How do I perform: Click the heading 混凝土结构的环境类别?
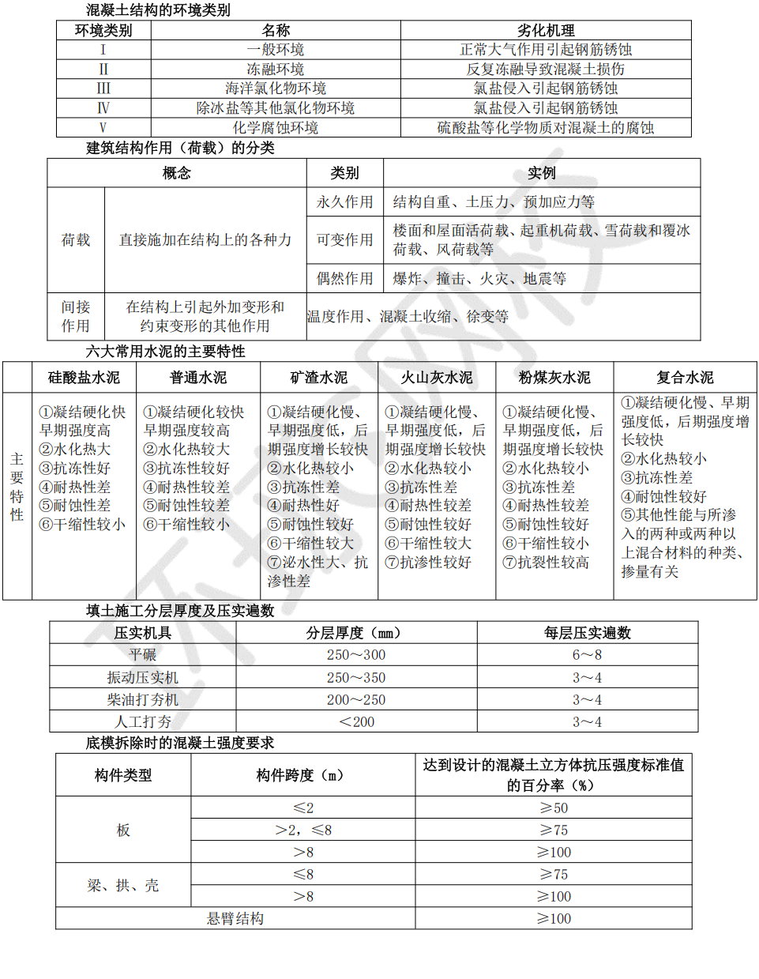coord(158,10)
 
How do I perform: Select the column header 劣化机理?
coord(546,30)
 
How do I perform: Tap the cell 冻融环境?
coord(275,69)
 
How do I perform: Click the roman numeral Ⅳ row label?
coord(103,107)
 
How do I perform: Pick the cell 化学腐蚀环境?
coord(275,127)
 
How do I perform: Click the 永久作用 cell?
coord(344,201)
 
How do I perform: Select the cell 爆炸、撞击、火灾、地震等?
coord(479,278)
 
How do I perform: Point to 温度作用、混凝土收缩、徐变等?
coord(408,316)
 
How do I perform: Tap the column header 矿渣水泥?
coord(318,378)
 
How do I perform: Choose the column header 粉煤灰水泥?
coord(554,378)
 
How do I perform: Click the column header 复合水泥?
coord(684,378)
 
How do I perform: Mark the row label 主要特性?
coord(17,487)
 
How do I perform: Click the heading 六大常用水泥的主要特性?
coord(165,352)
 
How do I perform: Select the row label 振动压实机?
coord(142,677)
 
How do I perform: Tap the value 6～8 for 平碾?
coord(587,654)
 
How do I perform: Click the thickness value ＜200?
coord(356,721)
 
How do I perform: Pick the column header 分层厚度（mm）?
coord(356,633)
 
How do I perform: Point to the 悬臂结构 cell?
coord(235,918)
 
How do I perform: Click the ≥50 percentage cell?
coord(553,808)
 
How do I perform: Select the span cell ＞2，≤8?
coord(302,830)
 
